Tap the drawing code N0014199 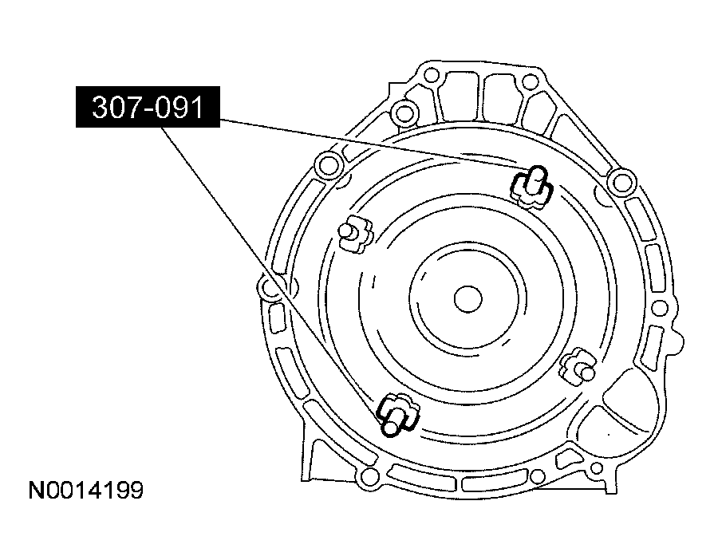86,491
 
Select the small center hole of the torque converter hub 467,299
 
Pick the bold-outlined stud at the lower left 396,415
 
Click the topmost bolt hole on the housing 431,76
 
